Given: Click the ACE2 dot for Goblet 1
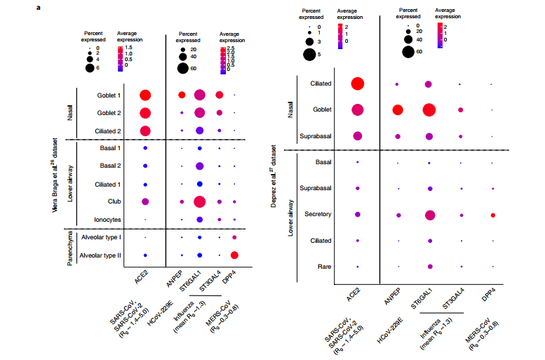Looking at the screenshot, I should (146, 95).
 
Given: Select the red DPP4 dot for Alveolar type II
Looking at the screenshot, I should (234, 255).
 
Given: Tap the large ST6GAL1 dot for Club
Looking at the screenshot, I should (199, 202).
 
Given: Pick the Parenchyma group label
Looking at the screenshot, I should (70, 247).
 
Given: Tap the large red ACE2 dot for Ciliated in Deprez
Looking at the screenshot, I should (358, 84).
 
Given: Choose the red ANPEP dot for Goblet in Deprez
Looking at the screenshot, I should (398, 109).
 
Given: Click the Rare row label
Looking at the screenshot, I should (324, 267).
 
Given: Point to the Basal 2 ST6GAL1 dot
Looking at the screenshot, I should (199, 166).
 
